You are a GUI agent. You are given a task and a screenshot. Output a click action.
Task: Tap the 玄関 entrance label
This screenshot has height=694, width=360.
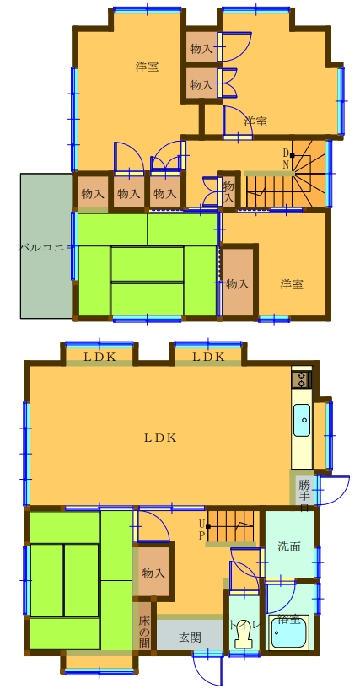190,638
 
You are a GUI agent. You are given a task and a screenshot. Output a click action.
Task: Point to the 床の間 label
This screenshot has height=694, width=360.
144,626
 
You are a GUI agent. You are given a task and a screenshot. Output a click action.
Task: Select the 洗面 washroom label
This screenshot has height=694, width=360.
288,546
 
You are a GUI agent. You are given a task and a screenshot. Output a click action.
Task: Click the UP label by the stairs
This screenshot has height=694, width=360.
201,529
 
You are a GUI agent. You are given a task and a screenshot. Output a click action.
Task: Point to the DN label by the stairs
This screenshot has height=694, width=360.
287,159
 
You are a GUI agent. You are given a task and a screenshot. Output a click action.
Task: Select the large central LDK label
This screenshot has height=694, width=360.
159,437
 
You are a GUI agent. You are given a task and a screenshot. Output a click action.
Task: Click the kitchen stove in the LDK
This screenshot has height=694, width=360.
301,379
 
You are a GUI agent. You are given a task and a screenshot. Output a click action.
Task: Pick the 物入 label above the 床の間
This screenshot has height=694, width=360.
153,573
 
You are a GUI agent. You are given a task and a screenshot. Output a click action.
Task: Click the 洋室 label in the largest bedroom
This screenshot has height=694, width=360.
147,67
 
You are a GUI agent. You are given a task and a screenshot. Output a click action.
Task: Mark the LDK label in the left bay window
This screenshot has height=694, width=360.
99,357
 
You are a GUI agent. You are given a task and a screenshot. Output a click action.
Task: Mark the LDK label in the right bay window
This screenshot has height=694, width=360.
208,357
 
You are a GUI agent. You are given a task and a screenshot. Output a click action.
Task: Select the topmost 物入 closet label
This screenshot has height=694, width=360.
201,47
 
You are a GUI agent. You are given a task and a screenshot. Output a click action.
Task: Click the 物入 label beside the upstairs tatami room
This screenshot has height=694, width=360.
238,284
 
